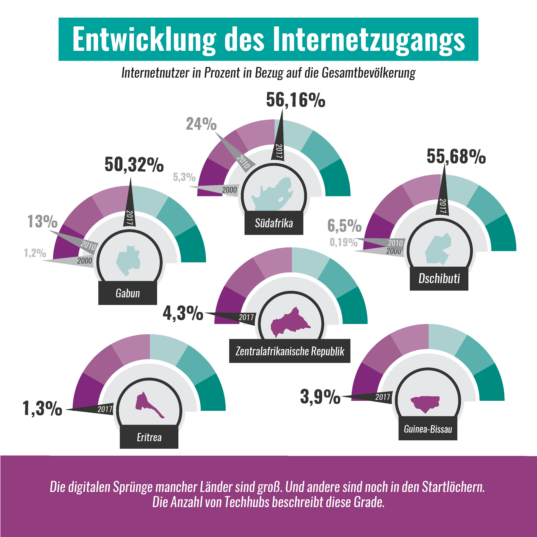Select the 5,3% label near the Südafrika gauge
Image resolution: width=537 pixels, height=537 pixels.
click(184, 177)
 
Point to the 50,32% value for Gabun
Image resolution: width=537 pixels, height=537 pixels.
click(134, 165)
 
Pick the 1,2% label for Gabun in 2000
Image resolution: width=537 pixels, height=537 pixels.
click(35, 253)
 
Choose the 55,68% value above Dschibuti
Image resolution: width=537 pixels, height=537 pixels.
click(456, 156)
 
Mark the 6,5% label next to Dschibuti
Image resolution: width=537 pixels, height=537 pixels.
click(344, 225)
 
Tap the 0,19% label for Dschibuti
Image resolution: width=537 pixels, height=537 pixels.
click(343, 242)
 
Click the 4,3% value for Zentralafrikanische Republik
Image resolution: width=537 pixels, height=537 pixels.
click(183, 314)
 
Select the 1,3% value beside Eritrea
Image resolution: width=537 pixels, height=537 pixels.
click(42, 408)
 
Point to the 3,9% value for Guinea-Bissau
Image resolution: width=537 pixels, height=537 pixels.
click(320, 397)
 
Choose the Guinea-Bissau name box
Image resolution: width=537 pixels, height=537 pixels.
click(428, 429)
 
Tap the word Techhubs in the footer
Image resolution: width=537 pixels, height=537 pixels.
click(247, 502)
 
